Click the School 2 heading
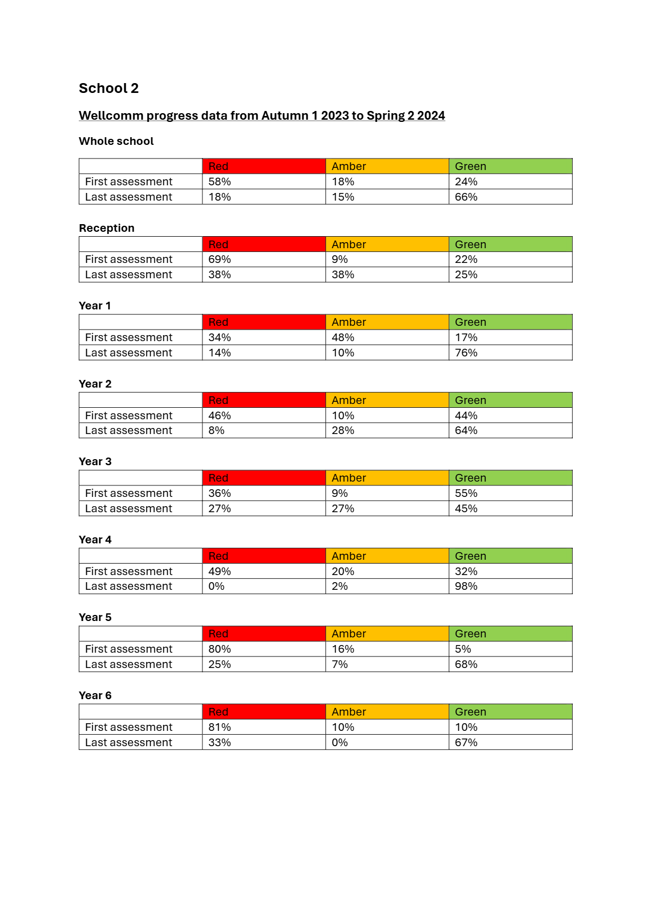point(108,89)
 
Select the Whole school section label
point(116,141)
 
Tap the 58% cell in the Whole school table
point(219,181)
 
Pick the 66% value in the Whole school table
point(466,197)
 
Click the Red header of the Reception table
point(218,244)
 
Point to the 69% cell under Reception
point(219,259)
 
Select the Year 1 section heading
point(95,306)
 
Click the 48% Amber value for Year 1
point(343,337)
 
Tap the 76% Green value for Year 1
point(466,353)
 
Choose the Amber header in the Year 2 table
point(348,400)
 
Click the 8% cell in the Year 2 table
point(216,430)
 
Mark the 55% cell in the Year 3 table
point(466,493)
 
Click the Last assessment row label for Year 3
point(129,508)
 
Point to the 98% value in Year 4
point(466,586)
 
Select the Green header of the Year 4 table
point(470,556)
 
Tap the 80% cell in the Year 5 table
point(219,649)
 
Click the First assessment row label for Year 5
point(129,649)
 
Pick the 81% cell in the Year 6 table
point(219,727)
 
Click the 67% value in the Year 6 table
point(466,742)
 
